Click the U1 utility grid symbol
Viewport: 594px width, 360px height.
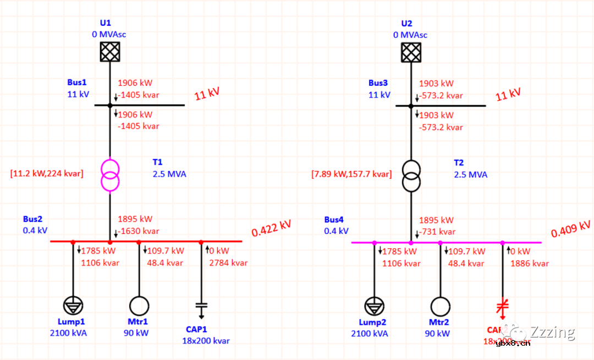point(109,52)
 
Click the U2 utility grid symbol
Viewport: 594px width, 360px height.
point(411,52)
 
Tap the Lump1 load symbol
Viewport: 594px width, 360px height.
point(72,306)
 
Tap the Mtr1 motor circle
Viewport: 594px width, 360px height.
point(139,306)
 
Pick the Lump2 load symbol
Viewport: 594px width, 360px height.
point(373,306)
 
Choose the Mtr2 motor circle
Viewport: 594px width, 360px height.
point(440,306)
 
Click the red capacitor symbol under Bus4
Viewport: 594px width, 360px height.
point(502,306)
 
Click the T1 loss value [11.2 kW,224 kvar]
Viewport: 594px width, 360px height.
point(46,174)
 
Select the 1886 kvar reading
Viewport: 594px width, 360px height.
point(530,263)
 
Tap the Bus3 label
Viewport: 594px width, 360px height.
point(378,83)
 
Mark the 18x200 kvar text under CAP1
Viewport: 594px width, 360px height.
point(206,341)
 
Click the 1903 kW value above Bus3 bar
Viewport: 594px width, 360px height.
point(436,84)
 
